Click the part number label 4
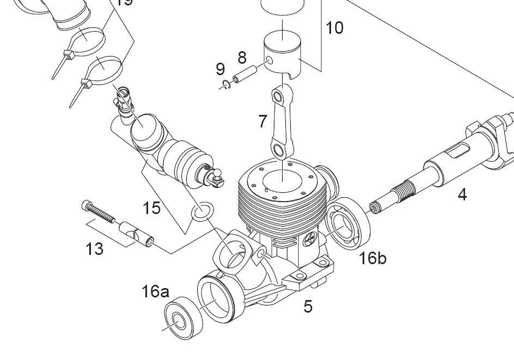click(x=462, y=194)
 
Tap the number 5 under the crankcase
click(x=308, y=307)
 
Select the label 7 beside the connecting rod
click(x=263, y=121)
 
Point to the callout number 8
click(x=242, y=57)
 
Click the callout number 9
click(x=220, y=69)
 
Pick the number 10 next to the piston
click(x=335, y=28)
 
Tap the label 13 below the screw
click(x=94, y=249)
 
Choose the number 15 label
click(x=152, y=208)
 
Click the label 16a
click(x=155, y=291)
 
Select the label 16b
click(x=373, y=258)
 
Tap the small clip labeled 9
click(x=229, y=84)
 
